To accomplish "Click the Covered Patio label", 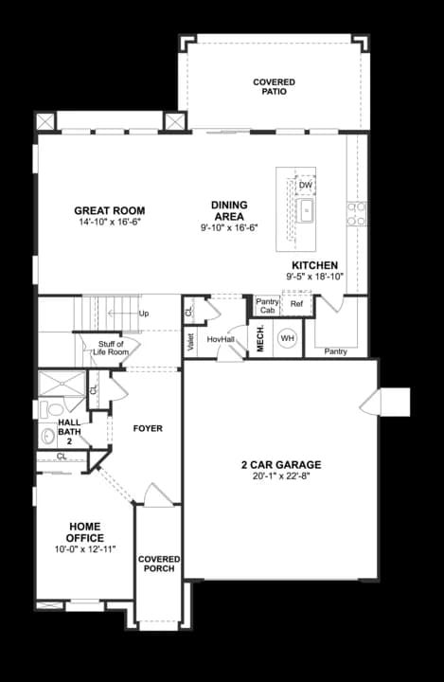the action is point(274,86).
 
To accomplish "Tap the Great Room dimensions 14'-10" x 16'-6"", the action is point(110,223).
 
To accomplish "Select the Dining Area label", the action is point(230,210).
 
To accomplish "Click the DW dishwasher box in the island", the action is point(306,186).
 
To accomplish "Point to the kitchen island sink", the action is point(306,210).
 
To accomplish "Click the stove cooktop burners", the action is point(356,214).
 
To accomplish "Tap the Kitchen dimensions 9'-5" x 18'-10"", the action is point(315,277).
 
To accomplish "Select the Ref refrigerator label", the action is point(296,304).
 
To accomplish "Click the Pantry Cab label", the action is point(267,306).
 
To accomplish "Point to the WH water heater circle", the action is point(287,338).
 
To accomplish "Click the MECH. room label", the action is point(260,338).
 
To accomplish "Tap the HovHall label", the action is point(221,339).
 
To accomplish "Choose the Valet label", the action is point(190,342).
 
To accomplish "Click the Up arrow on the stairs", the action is point(123,314).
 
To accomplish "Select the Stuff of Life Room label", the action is point(111,348).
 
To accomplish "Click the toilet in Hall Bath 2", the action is point(51,409).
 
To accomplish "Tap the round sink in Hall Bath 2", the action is point(48,437).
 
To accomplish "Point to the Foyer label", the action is point(148,428).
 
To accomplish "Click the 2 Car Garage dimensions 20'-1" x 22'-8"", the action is point(281,476).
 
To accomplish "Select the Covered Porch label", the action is point(159,564).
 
